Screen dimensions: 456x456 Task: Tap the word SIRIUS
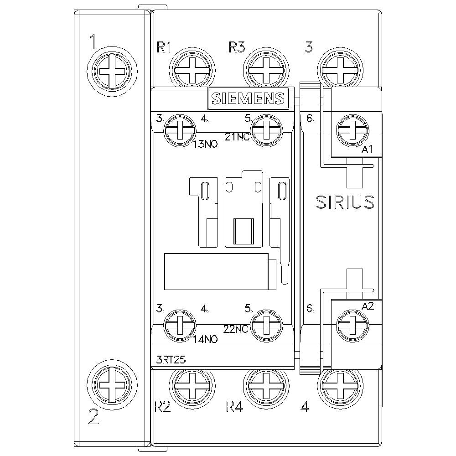point(345,202)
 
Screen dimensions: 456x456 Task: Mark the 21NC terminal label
point(237,136)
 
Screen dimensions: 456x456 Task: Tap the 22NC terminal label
point(236,329)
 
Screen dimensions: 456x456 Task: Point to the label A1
point(367,150)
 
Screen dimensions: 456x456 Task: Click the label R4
point(234,406)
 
